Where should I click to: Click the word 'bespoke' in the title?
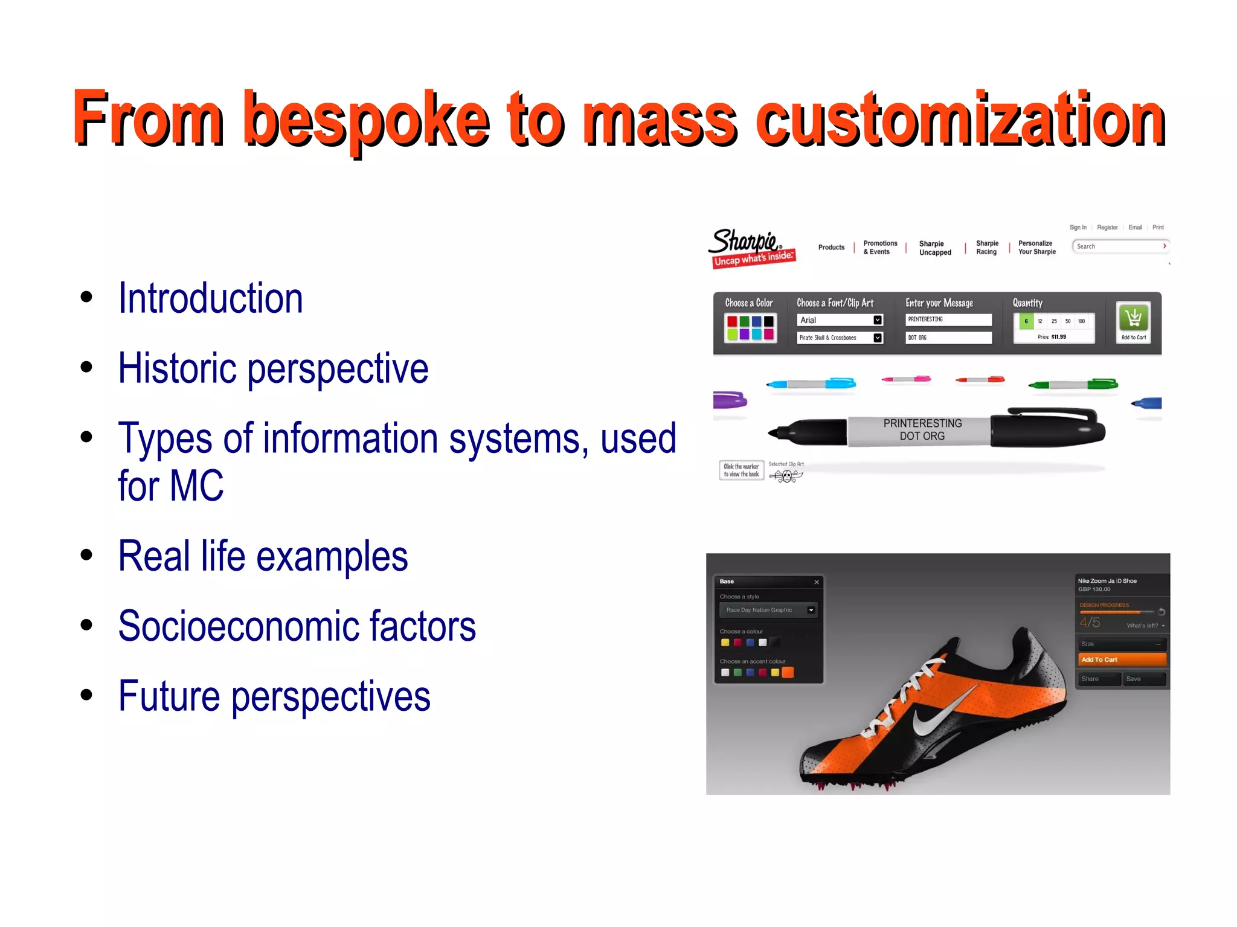(x=367, y=120)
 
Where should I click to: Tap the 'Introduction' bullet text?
(x=210, y=298)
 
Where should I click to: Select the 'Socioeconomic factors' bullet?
(x=297, y=626)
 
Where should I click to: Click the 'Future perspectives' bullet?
(x=274, y=696)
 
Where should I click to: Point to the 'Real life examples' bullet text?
(x=263, y=556)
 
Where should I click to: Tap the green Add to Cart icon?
(x=1133, y=318)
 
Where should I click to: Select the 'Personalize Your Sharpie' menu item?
(x=1036, y=248)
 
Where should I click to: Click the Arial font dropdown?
(x=840, y=320)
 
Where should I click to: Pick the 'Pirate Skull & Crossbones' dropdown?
(x=840, y=338)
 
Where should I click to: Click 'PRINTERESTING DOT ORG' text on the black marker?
(x=922, y=429)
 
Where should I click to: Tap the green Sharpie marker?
(x=1073, y=384)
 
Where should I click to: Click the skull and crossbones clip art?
(x=786, y=476)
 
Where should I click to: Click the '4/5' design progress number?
(x=1090, y=623)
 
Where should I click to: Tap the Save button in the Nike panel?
(x=1143, y=679)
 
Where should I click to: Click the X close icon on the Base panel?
(x=817, y=582)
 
